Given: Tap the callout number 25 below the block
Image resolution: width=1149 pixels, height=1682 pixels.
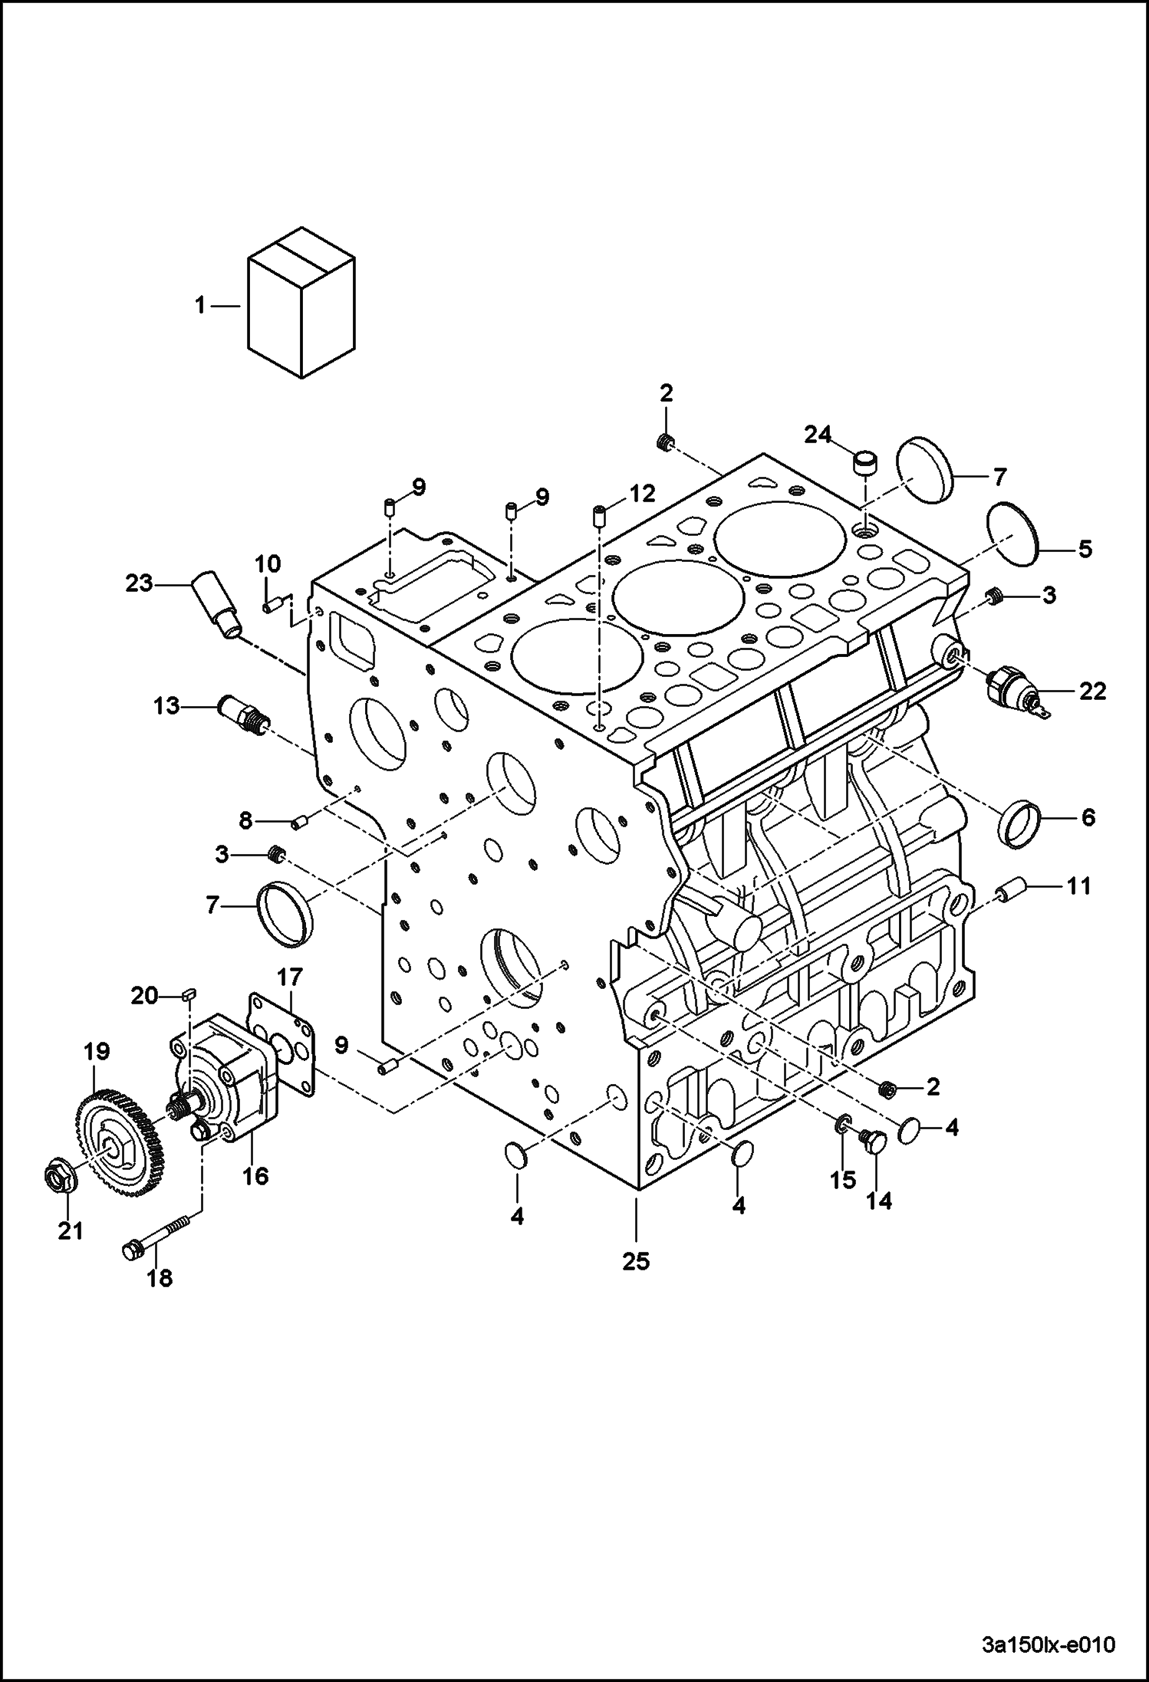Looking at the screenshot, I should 636,1261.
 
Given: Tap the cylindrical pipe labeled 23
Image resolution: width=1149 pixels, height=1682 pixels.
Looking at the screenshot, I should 218,603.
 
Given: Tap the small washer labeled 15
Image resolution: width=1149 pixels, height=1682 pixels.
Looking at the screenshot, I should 841,1125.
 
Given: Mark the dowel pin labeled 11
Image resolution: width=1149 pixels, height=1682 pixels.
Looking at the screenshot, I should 1009,892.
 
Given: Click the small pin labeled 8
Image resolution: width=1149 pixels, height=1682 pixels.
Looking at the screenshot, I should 300,823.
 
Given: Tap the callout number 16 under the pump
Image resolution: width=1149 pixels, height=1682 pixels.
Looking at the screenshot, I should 255,1175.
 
